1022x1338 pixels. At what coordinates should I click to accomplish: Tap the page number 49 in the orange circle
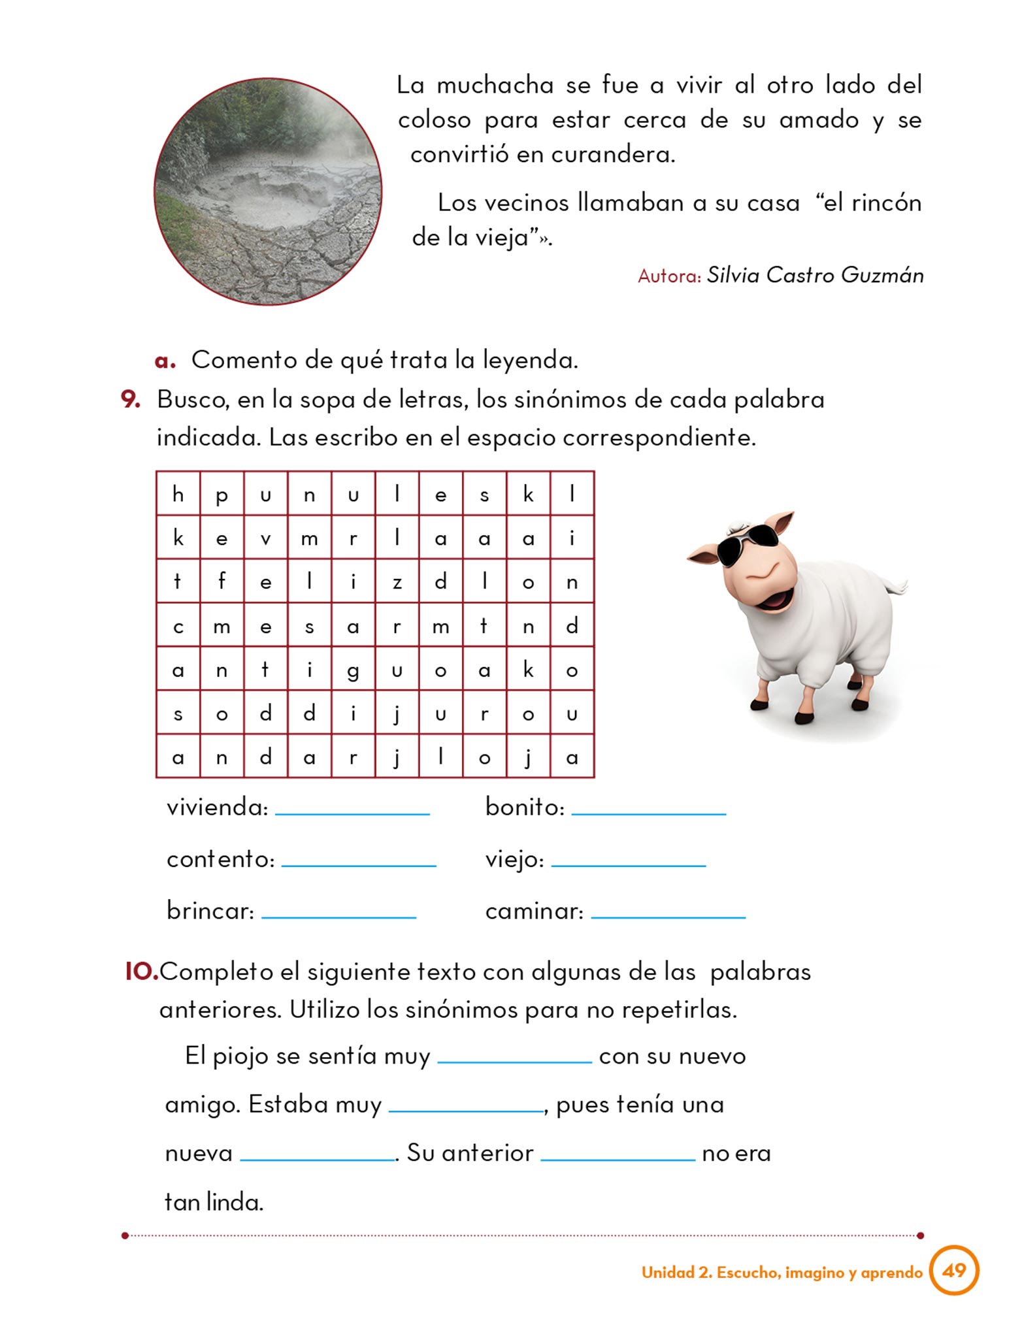pos(953,1270)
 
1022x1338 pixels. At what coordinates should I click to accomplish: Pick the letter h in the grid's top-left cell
pos(178,494)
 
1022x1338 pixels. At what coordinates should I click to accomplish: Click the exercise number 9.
pos(131,399)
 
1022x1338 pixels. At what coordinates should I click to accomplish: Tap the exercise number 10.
pos(141,971)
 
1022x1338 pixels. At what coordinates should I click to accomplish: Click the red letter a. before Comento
pos(165,361)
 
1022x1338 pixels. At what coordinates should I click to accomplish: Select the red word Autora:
pos(668,276)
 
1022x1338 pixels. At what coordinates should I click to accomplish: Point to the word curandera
pos(612,155)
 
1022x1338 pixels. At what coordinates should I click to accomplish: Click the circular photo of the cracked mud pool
pos(268,191)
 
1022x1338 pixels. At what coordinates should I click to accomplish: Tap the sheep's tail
pos(898,584)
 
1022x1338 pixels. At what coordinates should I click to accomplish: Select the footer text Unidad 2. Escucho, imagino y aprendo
pos(782,1272)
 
